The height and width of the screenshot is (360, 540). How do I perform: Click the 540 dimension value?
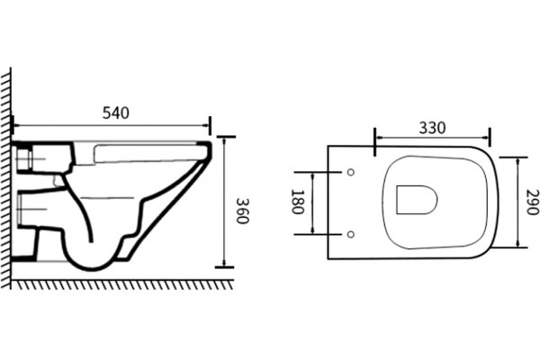tap(116, 113)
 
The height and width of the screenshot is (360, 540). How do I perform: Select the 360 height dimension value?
tap(242, 211)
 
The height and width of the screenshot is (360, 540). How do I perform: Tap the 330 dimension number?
tap(432, 128)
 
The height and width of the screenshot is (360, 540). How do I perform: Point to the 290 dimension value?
tap(532, 202)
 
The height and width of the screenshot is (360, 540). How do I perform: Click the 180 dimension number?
tap(297, 202)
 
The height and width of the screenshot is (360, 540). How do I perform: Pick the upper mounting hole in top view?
tap(351, 172)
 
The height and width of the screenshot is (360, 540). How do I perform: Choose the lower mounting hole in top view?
tap(351, 234)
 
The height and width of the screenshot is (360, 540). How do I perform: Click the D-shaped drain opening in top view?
tap(417, 200)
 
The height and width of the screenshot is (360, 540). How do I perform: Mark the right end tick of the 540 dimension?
tap(210, 126)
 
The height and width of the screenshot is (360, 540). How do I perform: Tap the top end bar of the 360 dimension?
tap(226, 137)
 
